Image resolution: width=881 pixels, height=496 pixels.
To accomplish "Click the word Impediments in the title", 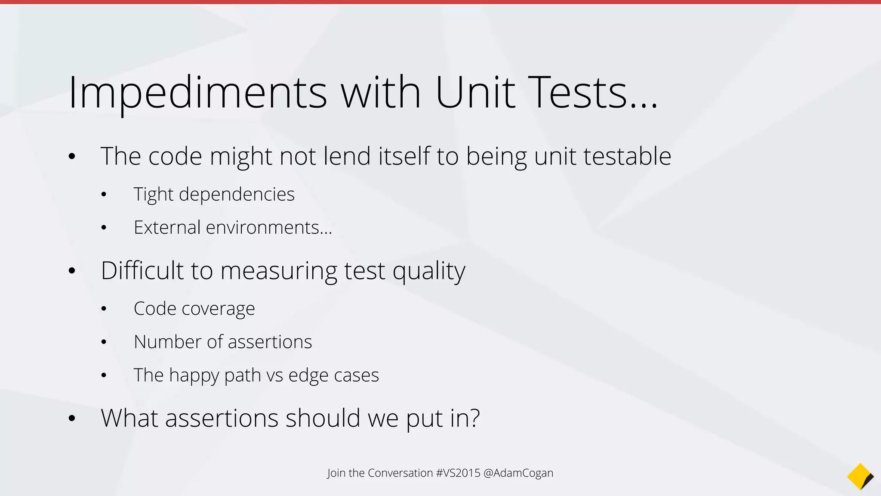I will pyautogui.click(x=197, y=93).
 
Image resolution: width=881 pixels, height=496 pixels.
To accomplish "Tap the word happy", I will pyautogui.click(x=194, y=375).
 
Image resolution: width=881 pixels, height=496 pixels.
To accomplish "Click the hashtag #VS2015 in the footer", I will pyautogui.click(x=458, y=473).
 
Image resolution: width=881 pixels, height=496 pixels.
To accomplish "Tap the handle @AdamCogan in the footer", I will pyautogui.click(x=518, y=473).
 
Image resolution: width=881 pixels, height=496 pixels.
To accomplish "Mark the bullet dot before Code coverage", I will pyautogui.click(x=104, y=309).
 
